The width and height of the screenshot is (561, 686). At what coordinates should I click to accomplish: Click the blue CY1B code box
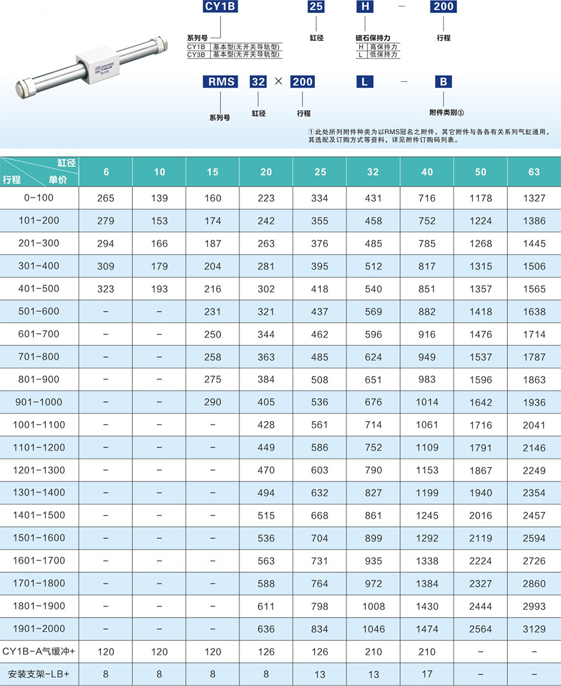220,6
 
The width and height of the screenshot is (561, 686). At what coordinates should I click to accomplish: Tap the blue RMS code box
220,82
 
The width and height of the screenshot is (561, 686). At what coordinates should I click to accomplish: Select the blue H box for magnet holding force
365,6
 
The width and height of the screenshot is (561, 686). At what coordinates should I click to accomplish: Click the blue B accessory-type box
444,82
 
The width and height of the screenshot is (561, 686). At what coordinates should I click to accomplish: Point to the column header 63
534,172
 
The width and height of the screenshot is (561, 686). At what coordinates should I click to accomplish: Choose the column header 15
213,172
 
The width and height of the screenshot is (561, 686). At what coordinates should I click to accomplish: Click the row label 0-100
39,198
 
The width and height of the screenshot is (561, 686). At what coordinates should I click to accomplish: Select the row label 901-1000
39,402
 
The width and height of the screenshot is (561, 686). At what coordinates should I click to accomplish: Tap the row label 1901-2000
39,628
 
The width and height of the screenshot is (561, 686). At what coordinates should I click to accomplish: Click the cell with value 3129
534,629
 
